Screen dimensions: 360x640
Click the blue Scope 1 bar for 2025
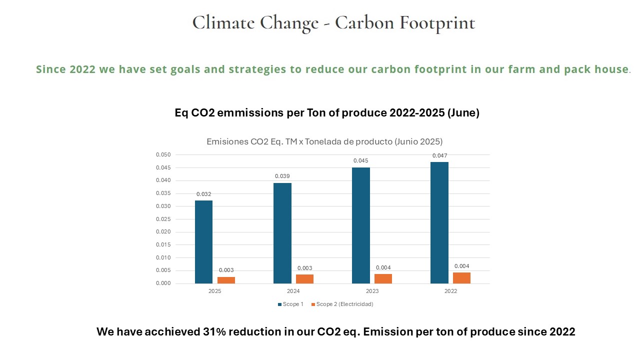203,242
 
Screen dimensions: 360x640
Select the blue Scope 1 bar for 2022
439,222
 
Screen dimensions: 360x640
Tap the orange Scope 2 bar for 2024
304,279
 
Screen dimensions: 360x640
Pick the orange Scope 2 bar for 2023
383,278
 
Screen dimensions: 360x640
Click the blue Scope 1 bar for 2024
282,233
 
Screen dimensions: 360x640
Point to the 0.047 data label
439,155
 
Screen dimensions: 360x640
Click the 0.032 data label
203,194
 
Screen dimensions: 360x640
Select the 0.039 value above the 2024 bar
282,176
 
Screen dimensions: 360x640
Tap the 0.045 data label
361,160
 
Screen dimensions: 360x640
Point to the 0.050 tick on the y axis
163,154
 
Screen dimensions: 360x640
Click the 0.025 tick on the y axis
163,219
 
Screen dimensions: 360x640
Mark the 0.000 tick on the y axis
163,283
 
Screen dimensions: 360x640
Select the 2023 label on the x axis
372,291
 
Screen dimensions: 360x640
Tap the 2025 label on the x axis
214,291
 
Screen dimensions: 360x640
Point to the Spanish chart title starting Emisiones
324,141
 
